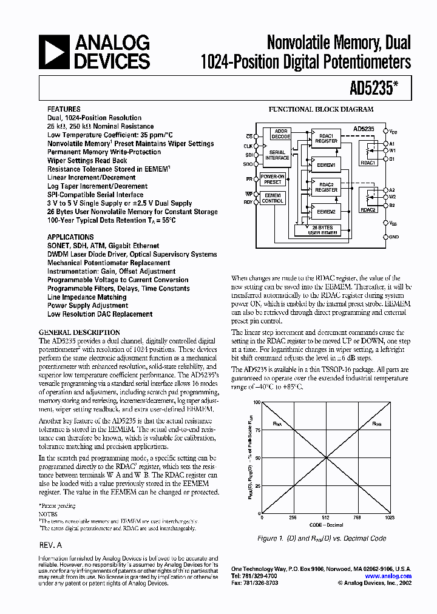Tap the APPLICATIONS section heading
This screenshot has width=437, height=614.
pyautogui.click(x=70, y=237)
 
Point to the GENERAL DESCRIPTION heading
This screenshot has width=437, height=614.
pyautogui.click(x=79, y=333)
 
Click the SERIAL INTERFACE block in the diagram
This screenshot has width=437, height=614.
pyautogui.click(x=277, y=155)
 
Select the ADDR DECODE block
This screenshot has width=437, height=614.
pyautogui.click(x=281, y=133)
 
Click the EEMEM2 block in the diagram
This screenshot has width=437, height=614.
pyautogui.click(x=326, y=211)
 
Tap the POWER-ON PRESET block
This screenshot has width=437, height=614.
pyautogui.click(x=273, y=179)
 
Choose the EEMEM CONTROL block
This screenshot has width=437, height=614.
pyautogui.click(x=273, y=198)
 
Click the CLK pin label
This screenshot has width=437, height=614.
pyautogui.click(x=248, y=146)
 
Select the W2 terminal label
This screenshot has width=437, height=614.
pyautogui.click(x=393, y=196)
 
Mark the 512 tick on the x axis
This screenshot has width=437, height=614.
pyautogui.click(x=325, y=518)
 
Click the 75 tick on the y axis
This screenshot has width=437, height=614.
pyautogui.click(x=257, y=431)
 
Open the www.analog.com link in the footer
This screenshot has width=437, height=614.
pyautogui.click(x=388, y=576)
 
